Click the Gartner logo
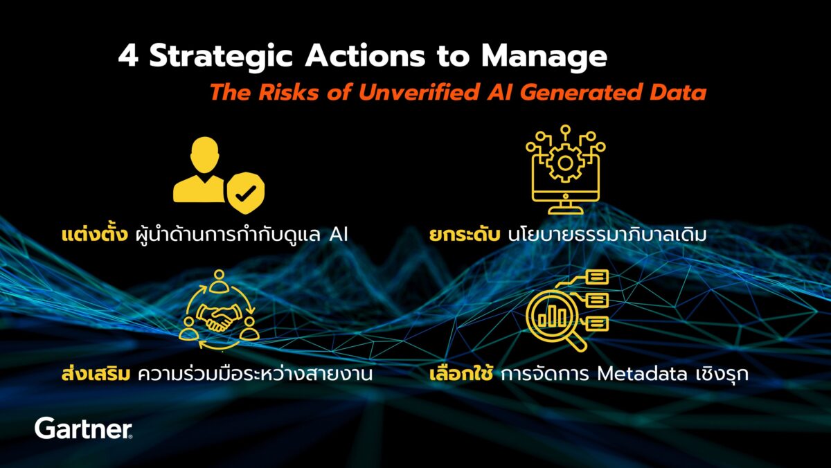[x=84, y=429]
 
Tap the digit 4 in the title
[x=128, y=56]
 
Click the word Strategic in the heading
[x=222, y=57]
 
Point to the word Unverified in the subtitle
[x=419, y=92]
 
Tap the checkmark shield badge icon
[x=246, y=192]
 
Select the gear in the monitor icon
[x=565, y=163]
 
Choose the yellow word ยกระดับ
[x=464, y=235]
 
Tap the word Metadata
[x=642, y=374]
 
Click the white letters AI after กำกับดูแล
[x=339, y=235]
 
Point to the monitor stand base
[x=565, y=211]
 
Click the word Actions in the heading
[x=365, y=56]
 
